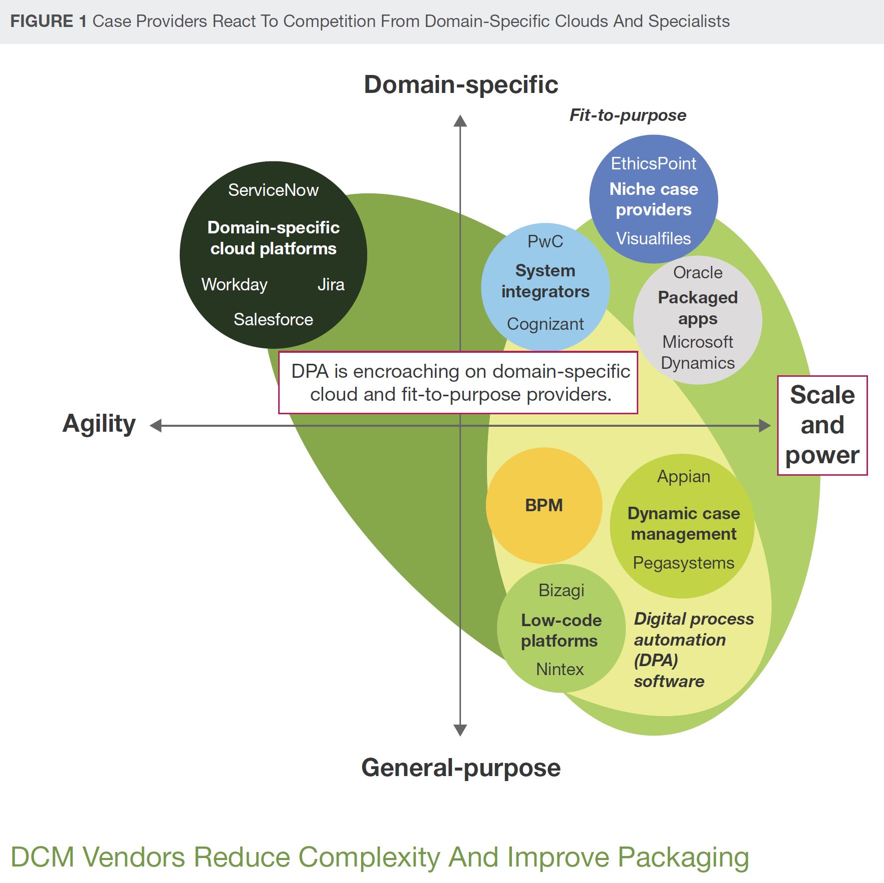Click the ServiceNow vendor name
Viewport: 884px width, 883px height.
[273, 190]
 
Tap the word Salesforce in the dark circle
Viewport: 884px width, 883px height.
[273, 319]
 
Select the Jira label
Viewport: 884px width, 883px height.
[331, 284]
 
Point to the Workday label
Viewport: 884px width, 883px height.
[234, 284]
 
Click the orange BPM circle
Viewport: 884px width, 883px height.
[544, 505]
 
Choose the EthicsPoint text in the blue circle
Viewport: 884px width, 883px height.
[653, 163]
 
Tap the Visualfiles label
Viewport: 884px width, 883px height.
[653, 238]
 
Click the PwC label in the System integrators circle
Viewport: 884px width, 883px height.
[545, 241]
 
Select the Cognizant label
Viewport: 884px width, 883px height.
[545, 324]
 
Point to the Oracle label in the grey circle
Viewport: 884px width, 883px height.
[697, 272]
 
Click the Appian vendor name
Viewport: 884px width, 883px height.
[683, 476]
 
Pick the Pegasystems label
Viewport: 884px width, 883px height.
[683, 563]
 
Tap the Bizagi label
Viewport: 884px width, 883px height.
[561, 590]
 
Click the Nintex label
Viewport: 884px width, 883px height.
[559, 669]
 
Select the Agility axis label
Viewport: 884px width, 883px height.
[99, 424]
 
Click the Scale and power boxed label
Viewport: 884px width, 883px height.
[822, 425]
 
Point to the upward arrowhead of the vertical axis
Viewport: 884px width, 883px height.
[460, 121]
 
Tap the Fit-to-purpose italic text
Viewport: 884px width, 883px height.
[628, 115]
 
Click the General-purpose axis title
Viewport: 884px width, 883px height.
[460, 768]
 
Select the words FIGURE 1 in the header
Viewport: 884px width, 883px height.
[48, 21]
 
